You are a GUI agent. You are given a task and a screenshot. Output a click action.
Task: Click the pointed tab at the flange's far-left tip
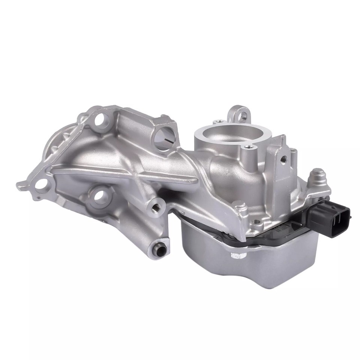click(x=20, y=185)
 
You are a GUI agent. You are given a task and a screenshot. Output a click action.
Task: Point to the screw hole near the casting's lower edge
click(x=256, y=222)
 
